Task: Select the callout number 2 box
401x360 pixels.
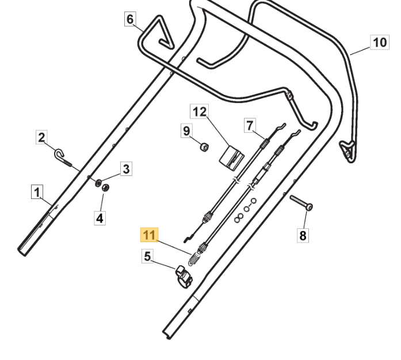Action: [41, 137]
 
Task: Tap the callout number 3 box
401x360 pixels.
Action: [127, 168]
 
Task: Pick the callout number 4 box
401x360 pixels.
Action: [100, 218]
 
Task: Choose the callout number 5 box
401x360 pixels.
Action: [148, 256]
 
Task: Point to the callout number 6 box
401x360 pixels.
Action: [131, 20]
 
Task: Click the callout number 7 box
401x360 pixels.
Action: [249, 125]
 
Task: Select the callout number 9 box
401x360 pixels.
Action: [186, 131]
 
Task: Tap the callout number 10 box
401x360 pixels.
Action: [379, 42]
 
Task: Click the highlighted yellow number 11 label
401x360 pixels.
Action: [149, 235]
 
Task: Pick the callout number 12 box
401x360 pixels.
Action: [199, 112]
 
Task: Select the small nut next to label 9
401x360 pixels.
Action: [204, 147]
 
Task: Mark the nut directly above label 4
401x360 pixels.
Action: [106, 187]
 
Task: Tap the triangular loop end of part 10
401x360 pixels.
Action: [347, 149]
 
